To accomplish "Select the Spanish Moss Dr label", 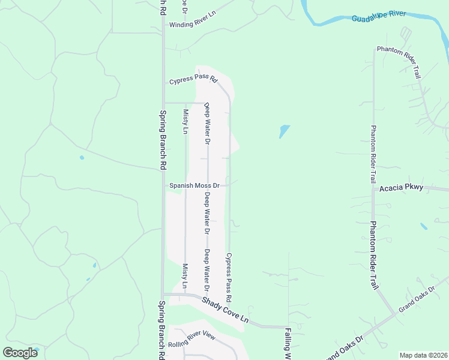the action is (x=194, y=185).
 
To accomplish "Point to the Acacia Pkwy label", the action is (x=402, y=188).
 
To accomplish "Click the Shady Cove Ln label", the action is (x=224, y=308).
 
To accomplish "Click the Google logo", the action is (x=20, y=353).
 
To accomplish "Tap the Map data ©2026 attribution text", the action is (x=424, y=355).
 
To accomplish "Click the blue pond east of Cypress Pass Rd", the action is (x=284, y=131).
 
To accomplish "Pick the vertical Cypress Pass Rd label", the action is (x=229, y=277).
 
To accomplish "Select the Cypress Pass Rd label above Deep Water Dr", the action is (x=193, y=79).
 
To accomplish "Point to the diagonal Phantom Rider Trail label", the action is (x=397, y=62).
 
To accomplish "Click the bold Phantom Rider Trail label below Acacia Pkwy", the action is (x=373, y=254).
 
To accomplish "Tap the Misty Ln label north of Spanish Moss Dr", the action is (x=186, y=121).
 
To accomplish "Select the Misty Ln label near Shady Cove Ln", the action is (x=185, y=275).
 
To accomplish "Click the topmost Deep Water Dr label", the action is (x=208, y=123).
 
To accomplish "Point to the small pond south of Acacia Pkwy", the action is (x=424, y=226).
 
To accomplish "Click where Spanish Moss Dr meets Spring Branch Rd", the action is (x=163, y=185).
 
